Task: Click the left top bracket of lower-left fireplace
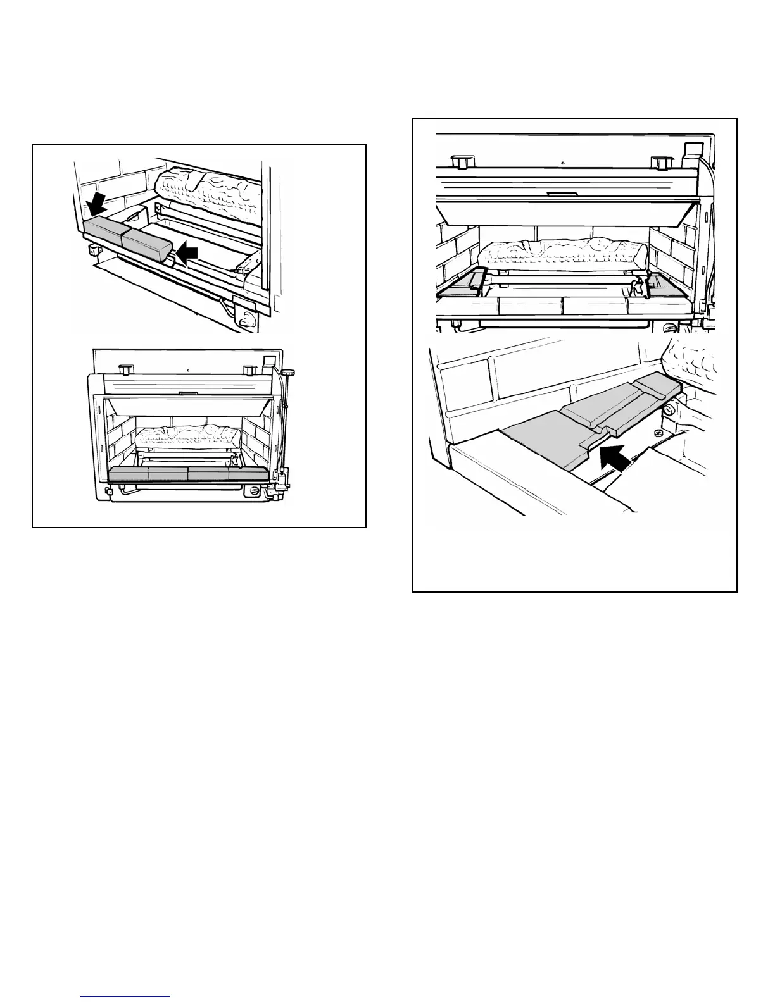coord(125,367)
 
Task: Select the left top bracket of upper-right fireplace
coord(462,161)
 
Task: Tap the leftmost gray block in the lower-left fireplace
coord(129,475)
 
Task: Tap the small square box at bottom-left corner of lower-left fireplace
coord(108,491)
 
